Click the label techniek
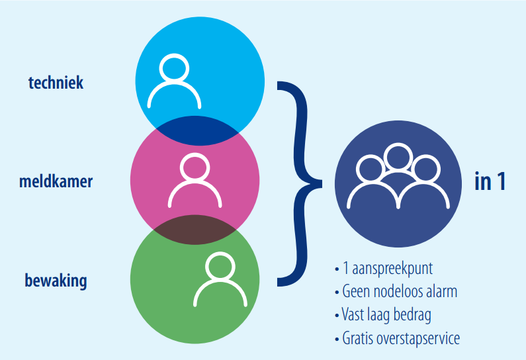(x=56, y=83)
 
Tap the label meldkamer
(x=56, y=181)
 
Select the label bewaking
(x=56, y=281)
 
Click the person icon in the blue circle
(x=174, y=81)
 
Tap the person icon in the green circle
(x=220, y=279)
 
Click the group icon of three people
(x=398, y=176)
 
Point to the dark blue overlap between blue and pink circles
(x=197, y=131)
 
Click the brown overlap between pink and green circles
(x=195, y=230)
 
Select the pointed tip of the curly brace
(x=321, y=183)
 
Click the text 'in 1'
(x=490, y=181)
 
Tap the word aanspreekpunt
(x=392, y=269)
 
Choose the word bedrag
(x=412, y=315)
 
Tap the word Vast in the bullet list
(x=353, y=314)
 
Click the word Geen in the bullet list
(x=356, y=291)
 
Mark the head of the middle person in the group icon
(x=398, y=157)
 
